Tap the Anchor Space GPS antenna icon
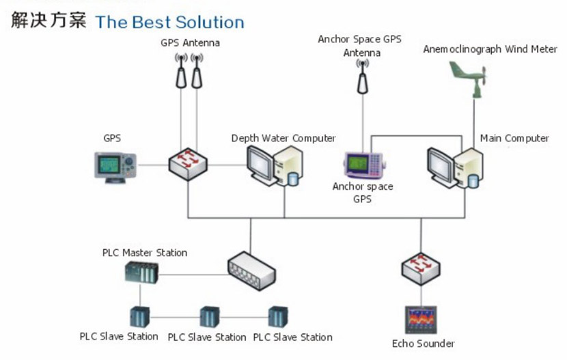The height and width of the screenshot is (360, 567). (363, 77)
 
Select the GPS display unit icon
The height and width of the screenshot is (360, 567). (115, 167)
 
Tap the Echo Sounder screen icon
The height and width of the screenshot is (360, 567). (421, 320)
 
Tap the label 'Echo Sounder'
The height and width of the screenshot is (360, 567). (424, 344)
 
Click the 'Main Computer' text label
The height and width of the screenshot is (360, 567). (514, 139)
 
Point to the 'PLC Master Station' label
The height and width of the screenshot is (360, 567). (144, 253)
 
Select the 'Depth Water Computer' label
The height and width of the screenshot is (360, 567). (283, 139)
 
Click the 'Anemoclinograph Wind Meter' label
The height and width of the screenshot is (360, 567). (490, 49)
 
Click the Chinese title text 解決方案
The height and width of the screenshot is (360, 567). (49, 20)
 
